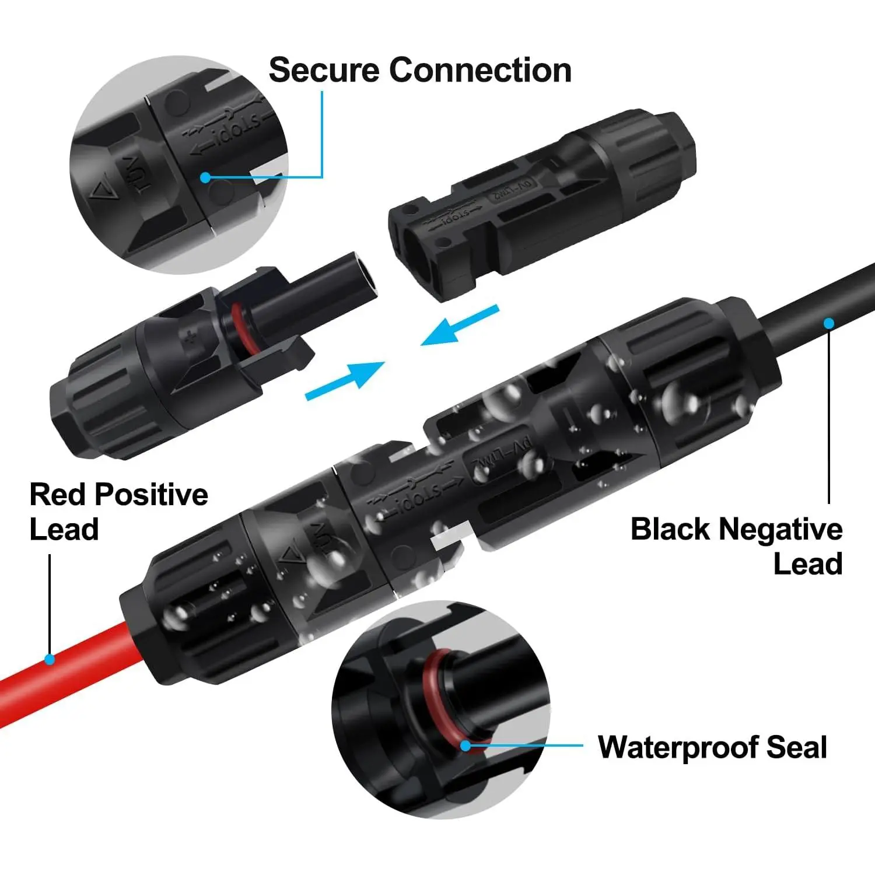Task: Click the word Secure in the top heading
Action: pyautogui.click(x=324, y=71)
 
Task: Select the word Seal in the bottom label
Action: pyautogui.click(x=796, y=747)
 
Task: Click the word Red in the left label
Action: pyautogui.click(x=57, y=495)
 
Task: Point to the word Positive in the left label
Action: pyautogui.click(x=152, y=495)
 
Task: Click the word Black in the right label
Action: pyautogui.click(x=670, y=530)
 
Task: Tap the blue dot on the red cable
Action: pyautogui.click(x=50, y=660)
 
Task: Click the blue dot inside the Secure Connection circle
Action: pyautogui.click(x=205, y=177)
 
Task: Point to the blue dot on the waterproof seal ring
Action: pyautogui.click(x=465, y=745)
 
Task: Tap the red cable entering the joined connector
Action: pyautogui.click(x=76, y=671)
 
